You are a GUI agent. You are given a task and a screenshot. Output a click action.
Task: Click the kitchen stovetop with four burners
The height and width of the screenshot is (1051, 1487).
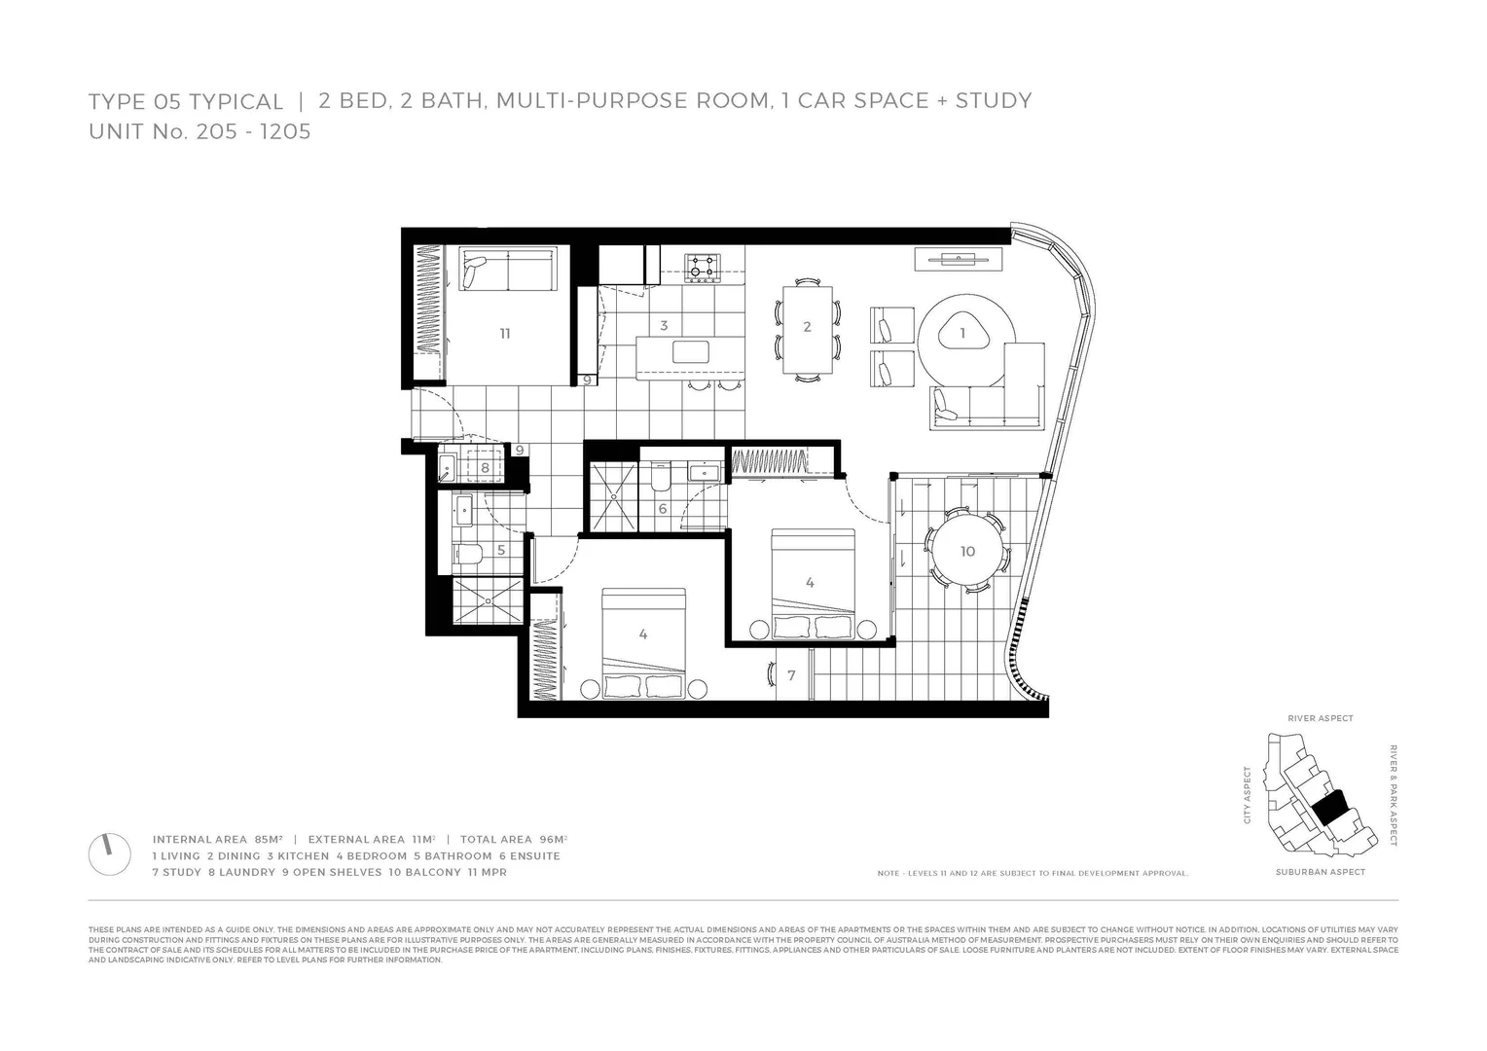point(702,268)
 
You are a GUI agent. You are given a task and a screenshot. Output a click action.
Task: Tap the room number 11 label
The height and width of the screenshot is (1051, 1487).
point(504,334)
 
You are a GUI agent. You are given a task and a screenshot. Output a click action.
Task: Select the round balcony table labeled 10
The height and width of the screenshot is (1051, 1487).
point(966,551)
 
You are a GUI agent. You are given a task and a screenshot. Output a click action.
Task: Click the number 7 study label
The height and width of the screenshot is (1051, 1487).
point(791,675)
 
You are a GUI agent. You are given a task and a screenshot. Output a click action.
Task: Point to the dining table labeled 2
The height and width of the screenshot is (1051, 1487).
point(807,327)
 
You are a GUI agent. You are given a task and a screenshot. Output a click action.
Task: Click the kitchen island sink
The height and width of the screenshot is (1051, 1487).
point(691,351)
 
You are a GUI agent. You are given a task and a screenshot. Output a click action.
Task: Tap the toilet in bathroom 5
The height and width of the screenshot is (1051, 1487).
point(467,556)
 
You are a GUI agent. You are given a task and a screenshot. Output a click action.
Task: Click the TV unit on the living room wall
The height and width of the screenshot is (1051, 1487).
point(958,258)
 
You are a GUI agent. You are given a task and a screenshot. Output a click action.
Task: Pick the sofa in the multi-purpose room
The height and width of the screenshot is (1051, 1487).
point(506,272)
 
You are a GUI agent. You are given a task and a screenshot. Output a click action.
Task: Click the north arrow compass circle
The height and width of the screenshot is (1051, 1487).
point(109,853)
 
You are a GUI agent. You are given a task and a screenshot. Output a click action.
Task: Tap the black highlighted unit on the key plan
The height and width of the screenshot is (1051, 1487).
point(1329,807)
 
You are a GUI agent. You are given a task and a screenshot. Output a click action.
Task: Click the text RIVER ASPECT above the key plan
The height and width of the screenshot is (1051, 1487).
point(1320,719)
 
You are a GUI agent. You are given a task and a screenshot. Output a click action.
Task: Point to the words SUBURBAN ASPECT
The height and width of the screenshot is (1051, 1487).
point(1320,873)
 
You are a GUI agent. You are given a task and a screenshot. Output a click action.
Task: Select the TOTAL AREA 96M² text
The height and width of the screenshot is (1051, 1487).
point(513,839)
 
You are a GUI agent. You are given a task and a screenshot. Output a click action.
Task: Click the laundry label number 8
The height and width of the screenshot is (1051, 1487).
point(485,468)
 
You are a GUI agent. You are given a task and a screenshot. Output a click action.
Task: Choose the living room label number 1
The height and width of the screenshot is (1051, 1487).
point(962,333)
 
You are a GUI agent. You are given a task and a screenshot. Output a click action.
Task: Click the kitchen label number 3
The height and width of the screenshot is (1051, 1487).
point(664,326)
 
